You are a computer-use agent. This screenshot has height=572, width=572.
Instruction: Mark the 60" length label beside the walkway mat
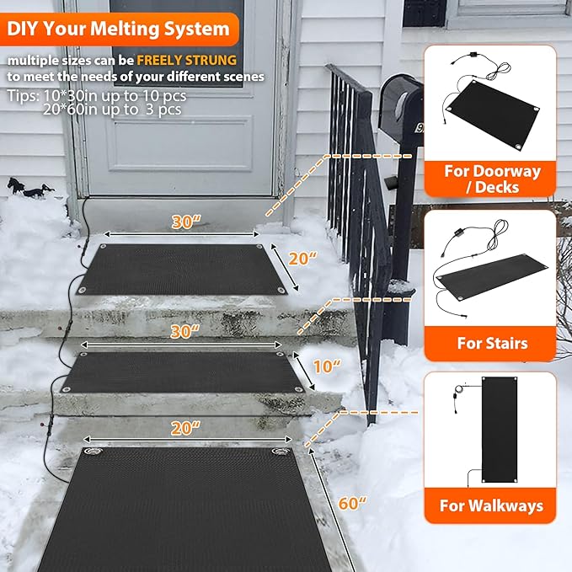351,503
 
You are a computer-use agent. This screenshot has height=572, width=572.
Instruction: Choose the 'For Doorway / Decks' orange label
493,179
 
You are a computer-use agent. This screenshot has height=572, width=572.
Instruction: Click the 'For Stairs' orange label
493,343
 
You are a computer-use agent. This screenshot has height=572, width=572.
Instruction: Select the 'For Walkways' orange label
491,506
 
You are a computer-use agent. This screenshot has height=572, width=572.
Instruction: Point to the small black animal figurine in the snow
22,187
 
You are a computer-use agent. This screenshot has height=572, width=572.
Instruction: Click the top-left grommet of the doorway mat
104,247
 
